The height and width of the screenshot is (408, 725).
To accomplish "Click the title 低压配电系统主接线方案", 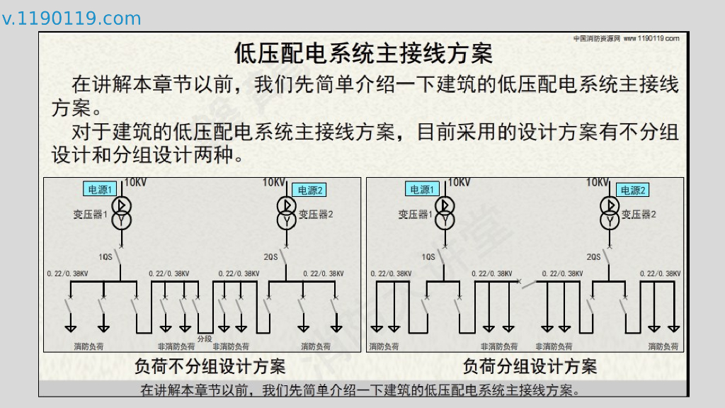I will pyautogui.click(x=362, y=53).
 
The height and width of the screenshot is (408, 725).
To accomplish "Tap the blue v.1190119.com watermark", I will pyautogui.click(x=72, y=19).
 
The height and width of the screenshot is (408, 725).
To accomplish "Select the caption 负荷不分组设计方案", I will pyautogui.click(x=210, y=366).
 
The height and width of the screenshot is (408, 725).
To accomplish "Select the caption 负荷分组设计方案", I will pyautogui.click(x=530, y=366).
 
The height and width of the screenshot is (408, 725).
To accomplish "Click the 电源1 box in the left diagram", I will pyautogui.click(x=100, y=189).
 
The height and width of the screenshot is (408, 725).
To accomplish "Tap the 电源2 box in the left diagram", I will pyautogui.click(x=309, y=190).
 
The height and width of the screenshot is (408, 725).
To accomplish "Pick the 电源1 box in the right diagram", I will pyautogui.click(x=422, y=189).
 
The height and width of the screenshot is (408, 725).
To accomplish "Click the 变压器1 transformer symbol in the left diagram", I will pyautogui.click(x=121, y=213).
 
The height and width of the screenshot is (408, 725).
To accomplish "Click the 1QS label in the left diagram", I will pyautogui.click(x=105, y=257).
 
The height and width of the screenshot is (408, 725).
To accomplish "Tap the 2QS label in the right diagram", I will pyautogui.click(x=593, y=257).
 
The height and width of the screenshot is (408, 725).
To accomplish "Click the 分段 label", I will pyautogui.click(x=204, y=339).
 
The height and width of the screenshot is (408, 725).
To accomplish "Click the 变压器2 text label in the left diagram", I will pyautogui.click(x=315, y=214).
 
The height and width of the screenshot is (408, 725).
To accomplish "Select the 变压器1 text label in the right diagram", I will pyautogui.click(x=415, y=214).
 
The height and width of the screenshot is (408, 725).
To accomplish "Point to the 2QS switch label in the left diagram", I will pyautogui.click(x=270, y=257).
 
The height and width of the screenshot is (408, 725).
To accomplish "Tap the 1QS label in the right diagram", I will pyautogui.click(x=428, y=257).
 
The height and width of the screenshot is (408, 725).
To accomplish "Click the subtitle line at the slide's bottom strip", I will pyautogui.click(x=360, y=390).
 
